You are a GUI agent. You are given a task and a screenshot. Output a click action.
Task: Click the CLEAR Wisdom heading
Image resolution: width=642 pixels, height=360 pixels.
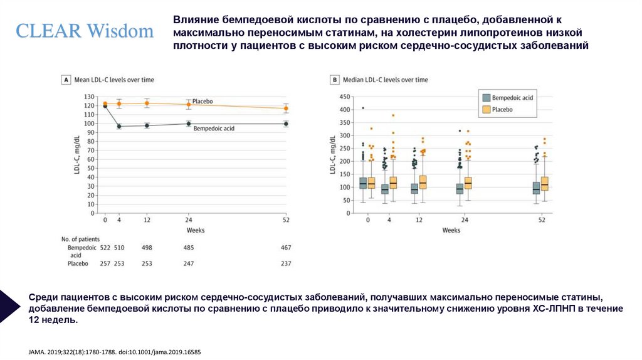point(85,31)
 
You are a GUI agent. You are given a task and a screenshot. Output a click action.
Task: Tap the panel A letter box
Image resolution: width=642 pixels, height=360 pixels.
point(65,80)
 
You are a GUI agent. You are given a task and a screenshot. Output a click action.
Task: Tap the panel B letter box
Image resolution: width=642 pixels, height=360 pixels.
point(335,80)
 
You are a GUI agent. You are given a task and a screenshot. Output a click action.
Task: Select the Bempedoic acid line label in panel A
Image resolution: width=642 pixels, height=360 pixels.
point(214,129)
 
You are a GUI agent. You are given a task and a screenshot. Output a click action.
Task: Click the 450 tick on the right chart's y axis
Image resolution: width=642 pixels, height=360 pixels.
point(344,97)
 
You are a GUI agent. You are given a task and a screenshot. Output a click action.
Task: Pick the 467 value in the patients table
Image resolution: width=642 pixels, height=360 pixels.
point(286,248)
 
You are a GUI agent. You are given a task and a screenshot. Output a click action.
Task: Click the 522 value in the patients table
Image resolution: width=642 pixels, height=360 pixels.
point(105,248)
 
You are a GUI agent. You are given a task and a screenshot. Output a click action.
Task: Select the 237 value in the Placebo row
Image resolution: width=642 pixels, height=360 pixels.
point(286,263)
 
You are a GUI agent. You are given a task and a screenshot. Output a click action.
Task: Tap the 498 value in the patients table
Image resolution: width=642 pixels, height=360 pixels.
point(147,248)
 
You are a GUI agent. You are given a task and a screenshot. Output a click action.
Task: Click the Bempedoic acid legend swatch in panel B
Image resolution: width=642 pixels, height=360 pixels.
point(485,98)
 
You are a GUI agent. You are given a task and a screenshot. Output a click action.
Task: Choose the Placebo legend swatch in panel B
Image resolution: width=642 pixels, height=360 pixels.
point(485,109)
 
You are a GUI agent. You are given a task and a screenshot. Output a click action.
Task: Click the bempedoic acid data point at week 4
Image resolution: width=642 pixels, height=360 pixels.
point(119,126)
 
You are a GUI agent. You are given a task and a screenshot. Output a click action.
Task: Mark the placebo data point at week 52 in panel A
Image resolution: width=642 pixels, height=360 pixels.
point(286,108)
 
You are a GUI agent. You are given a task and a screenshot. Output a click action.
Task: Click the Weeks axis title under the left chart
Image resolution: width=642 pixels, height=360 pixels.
point(195,230)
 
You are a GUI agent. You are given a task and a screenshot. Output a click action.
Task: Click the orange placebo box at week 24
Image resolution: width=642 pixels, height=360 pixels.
point(468,183)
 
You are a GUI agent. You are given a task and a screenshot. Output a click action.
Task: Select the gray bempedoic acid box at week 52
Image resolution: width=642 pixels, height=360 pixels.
point(536,188)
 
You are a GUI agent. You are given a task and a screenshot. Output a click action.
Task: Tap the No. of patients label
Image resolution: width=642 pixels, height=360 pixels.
point(82,239)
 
